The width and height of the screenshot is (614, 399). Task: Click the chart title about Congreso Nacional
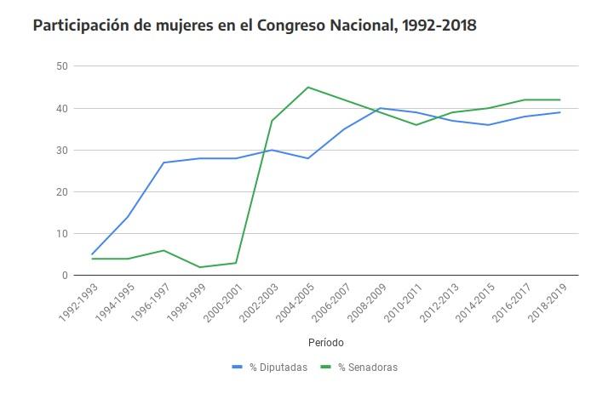pos(254,26)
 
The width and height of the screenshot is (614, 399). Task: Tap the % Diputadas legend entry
pos(272,368)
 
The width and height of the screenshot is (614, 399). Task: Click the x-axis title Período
pos(326,342)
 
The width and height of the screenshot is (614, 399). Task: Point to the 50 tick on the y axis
pos(61,66)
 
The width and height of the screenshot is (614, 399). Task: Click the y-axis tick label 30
pos(61,150)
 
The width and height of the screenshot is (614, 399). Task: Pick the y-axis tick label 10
pos(61,234)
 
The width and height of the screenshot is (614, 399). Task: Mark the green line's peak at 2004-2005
pos(308,87)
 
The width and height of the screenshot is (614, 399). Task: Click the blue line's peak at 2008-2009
pos(380,108)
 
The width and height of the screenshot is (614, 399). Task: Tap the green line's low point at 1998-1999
pos(199,267)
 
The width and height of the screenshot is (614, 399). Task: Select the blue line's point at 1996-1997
pos(164,162)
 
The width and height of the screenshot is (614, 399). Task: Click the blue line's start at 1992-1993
pos(91,254)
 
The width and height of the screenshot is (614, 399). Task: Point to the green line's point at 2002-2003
pos(272,121)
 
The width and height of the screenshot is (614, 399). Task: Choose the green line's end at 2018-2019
pos(560,100)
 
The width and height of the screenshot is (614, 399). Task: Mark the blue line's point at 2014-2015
pos(488,125)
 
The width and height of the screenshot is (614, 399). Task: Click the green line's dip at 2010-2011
pos(416,125)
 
